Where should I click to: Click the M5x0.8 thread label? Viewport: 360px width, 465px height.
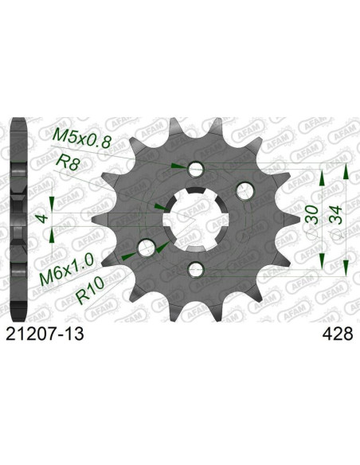click(82, 139)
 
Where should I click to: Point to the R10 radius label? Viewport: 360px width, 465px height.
click(91, 290)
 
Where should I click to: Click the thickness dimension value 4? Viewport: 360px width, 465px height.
click(42, 219)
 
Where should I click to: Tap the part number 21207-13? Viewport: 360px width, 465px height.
click(45, 334)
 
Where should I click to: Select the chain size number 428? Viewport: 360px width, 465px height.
click(338, 334)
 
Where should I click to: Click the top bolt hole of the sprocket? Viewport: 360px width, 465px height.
click(196, 169)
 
